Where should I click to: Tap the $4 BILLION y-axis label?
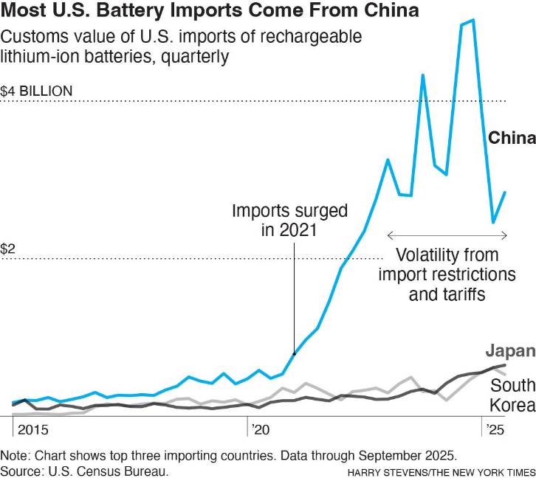point(37,91)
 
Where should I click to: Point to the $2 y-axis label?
point(9,249)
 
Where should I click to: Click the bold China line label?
point(511,139)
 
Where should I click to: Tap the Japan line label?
point(510,352)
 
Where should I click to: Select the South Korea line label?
point(512,395)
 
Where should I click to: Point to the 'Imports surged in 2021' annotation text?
point(289,220)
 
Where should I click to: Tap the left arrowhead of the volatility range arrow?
point(389,235)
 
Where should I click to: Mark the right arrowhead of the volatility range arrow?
point(506,235)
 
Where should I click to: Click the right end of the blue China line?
point(505,192)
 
